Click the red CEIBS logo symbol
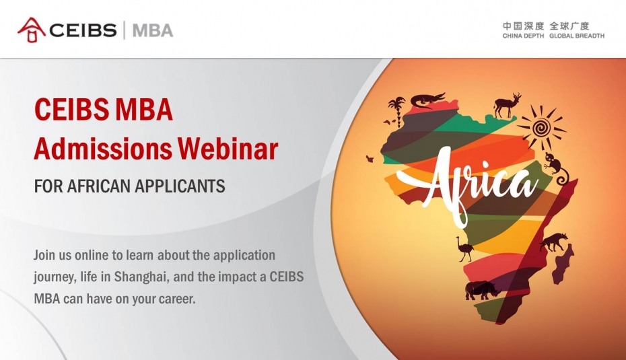pyautogui.click(x=32, y=30)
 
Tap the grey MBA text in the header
pyautogui.click(x=153, y=30)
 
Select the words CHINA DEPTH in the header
pyautogui.click(x=523, y=36)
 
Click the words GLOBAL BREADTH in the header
pyautogui.click(x=577, y=36)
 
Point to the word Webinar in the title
pyautogui.click(x=228, y=149)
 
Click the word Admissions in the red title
pyautogui.click(x=103, y=149)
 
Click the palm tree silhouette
pyautogui.click(x=396, y=107)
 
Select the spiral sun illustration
pyautogui.click(x=541, y=128)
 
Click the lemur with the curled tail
pyautogui.click(x=557, y=168)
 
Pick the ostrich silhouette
pyautogui.click(x=464, y=249)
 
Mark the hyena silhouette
pyautogui.click(x=554, y=242)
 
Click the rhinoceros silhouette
pyautogui.click(x=481, y=290)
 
